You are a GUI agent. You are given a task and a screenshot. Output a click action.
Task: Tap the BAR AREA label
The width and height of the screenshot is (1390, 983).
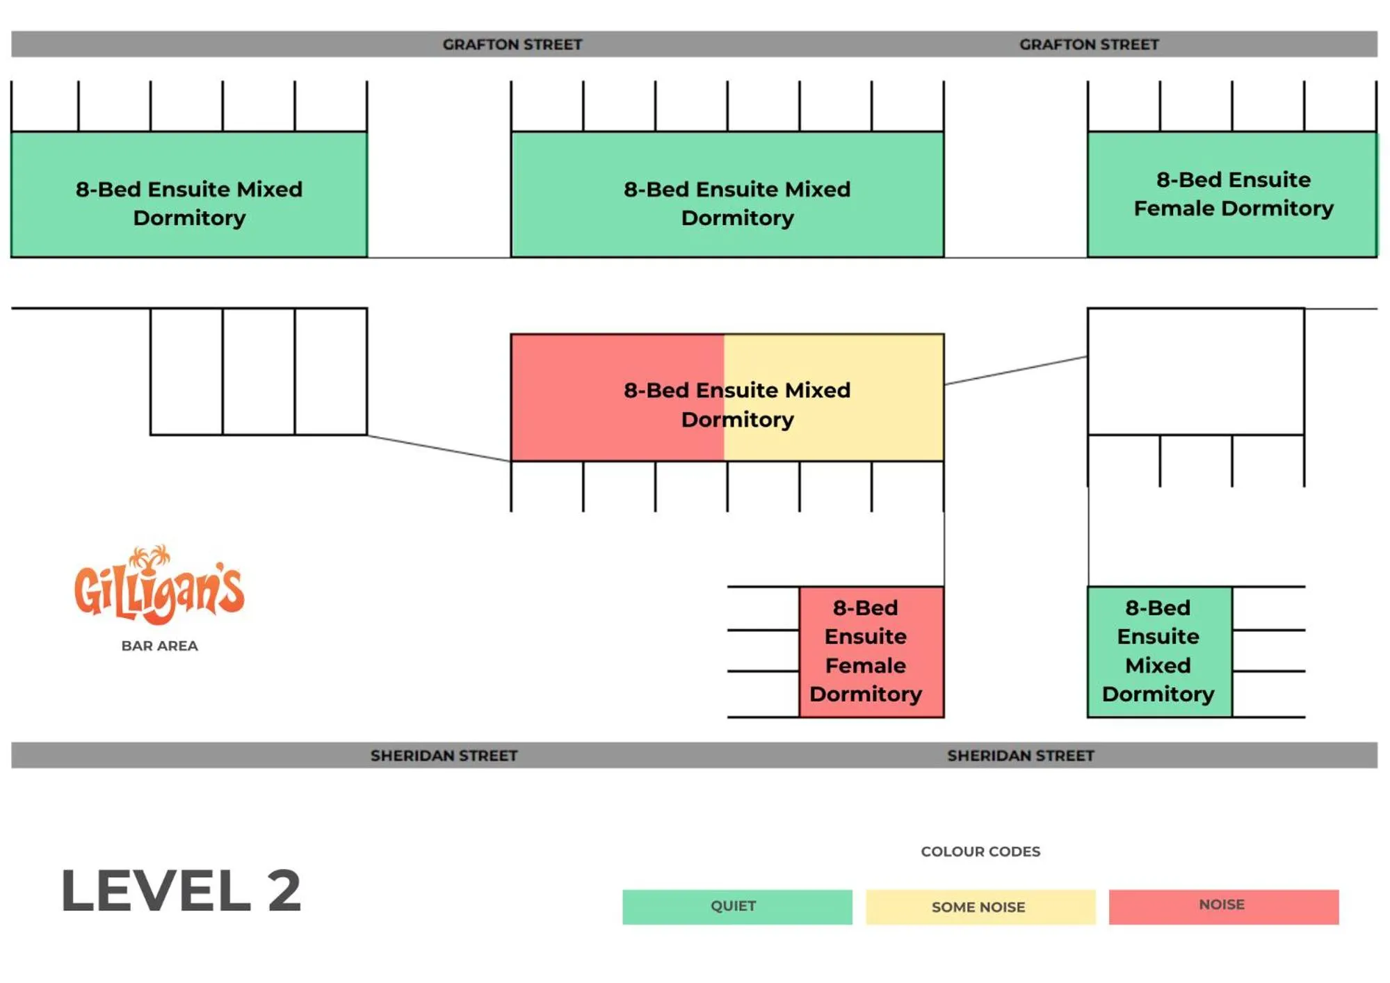[159, 646]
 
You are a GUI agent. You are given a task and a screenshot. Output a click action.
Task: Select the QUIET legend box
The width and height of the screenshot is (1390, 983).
[736, 907]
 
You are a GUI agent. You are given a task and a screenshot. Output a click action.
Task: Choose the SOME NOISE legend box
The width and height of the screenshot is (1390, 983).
[980, 907]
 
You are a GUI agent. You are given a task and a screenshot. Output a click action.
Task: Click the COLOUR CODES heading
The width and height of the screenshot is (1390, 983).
[980, 852]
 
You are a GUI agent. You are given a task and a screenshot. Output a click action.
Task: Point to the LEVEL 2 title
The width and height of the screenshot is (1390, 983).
[181, 891]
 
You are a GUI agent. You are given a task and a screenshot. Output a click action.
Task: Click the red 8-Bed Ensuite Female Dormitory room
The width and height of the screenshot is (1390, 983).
[871, 651]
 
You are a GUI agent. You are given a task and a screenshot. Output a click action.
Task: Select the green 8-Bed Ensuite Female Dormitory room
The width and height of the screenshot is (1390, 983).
[1231, 195]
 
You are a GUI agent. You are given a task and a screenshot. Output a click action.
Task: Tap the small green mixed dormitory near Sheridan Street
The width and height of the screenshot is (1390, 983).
[1159, 651]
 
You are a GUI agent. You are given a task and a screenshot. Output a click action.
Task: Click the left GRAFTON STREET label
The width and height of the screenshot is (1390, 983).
[512, 44]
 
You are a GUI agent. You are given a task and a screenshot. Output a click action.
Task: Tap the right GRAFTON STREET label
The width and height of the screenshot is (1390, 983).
[1089, 44]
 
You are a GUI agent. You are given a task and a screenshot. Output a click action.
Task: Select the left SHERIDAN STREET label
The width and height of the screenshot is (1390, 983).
[444, 756]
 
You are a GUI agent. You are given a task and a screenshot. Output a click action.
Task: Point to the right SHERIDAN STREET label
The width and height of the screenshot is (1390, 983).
[1020, 756]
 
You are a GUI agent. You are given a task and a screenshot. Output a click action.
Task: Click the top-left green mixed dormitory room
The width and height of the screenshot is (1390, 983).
[189, 195]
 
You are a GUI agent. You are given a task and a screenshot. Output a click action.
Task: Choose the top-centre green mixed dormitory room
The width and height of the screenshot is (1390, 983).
[727, 195]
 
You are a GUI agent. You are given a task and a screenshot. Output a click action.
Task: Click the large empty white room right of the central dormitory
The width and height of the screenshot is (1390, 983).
[1195, 372]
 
